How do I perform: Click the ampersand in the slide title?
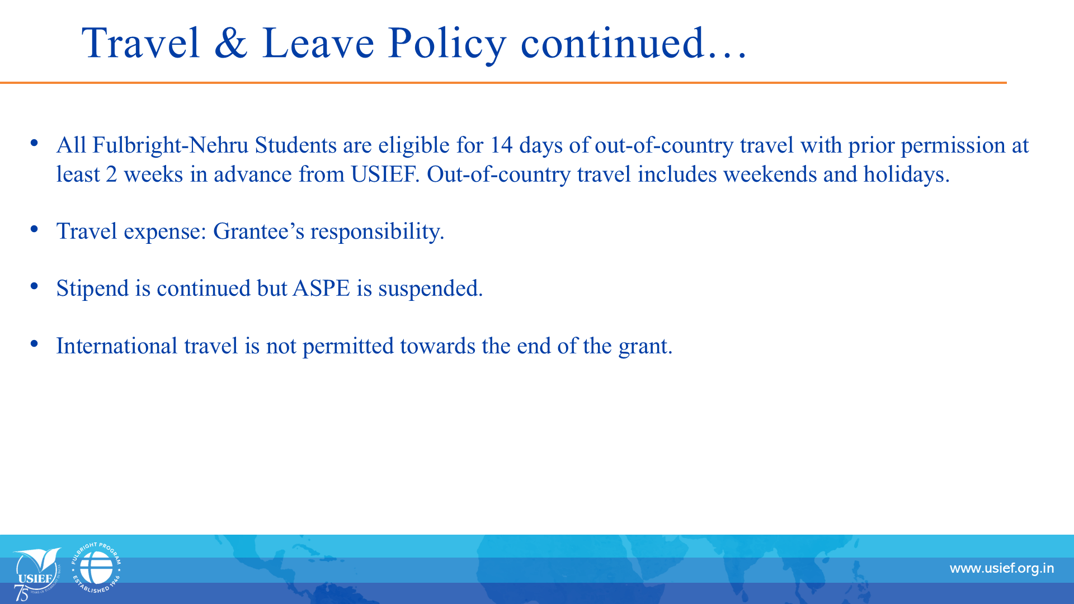tap(230, 43)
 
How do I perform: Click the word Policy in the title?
tap(447, 45)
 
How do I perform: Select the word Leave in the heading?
tap(318, 43)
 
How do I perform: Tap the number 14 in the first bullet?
tap(501, 145)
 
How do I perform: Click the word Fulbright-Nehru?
tap(170, 146)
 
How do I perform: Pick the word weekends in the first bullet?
tap(770, 174)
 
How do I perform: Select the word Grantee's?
tap(259, 232)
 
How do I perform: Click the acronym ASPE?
tap(321, 289)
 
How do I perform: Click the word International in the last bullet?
tap(117, 346)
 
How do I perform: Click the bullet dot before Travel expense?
tap(35, 229)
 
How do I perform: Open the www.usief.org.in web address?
tap(1002, 569)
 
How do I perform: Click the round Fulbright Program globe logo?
tap(96, 568)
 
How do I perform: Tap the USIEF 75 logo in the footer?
tap(37, 574)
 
